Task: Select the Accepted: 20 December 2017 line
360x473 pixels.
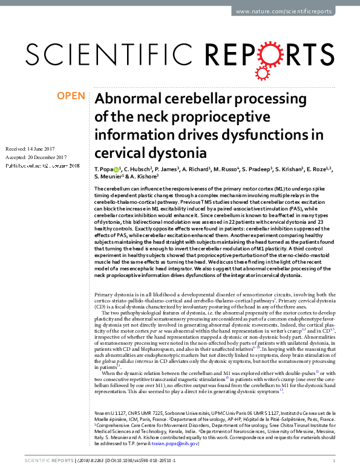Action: click(x=39, y=157)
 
